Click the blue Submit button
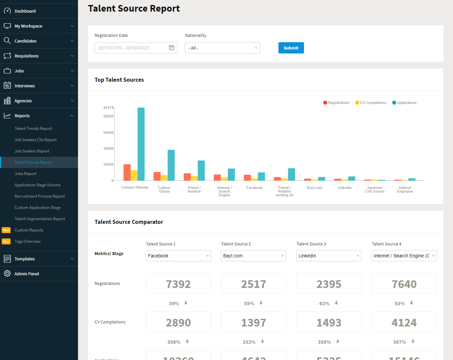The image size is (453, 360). click(x=291, y=48)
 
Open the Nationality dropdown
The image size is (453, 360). click(x=222, y=48)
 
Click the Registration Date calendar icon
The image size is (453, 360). click(x=171, y=48)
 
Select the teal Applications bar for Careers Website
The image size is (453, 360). click(x=141, y=144)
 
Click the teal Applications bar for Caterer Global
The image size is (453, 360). click(x=171, y=165)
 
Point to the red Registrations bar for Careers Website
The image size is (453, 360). click(x=127, y=172)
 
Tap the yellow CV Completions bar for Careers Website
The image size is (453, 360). click(x=134, y=175)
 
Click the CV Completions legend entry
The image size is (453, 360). click(x=371, y=103)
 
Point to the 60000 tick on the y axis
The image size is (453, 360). click(x=109, y=133)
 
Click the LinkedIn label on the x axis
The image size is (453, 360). click(x=344, y=188)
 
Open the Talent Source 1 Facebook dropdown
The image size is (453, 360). click(x=178, y=256)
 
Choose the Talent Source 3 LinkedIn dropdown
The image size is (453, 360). click(x=329, y=256)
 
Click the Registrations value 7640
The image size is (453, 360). click(x=404, y=284)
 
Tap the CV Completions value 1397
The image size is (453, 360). click(x=254, y=322)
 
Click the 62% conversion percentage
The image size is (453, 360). click(x=324, y=304)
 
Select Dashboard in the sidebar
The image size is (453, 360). click(x=25, y=11)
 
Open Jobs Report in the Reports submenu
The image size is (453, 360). click(x=26, y=174)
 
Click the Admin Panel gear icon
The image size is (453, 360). click(x=7, y=274)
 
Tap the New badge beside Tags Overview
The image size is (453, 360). click(x=6, y=241)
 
